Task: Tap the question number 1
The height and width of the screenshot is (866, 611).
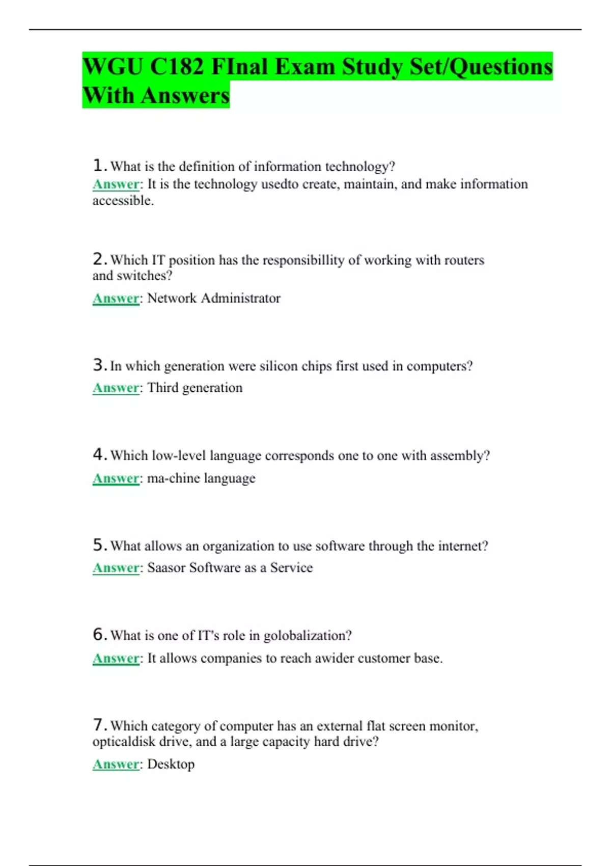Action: [98, 166]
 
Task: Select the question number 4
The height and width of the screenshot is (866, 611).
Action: [98, 454]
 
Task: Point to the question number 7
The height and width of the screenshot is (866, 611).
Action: [98, 725]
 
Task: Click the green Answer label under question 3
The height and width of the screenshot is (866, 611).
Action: [116, 388]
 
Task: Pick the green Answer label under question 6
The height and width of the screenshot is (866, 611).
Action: [116, 659]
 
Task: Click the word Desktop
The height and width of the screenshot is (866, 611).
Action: [171, 764]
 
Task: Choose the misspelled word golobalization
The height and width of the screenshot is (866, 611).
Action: [307, 636]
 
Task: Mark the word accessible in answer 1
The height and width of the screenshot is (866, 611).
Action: [122, 201]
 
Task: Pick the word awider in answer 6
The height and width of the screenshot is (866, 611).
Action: [334, 659]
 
